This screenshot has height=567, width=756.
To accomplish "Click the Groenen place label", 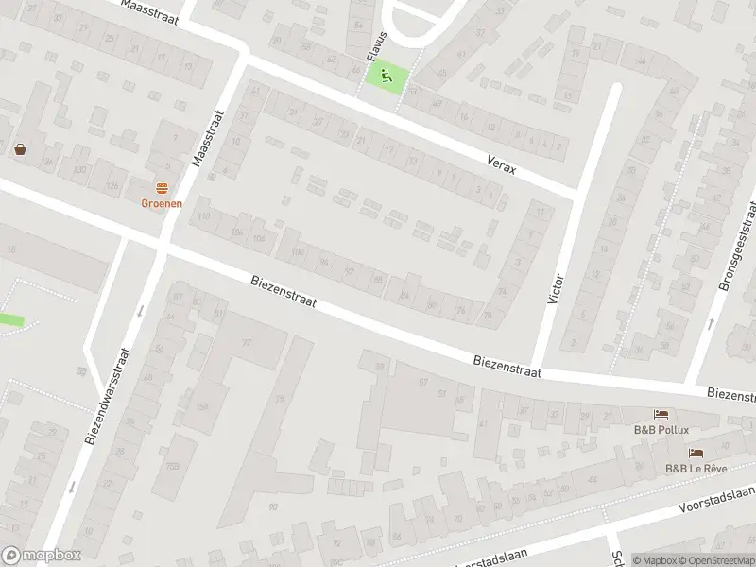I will click(162, 202).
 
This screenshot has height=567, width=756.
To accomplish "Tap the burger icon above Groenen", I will click(162, 187).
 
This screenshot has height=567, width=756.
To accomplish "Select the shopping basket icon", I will click(21, 148).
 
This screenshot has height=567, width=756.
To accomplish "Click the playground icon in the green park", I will click(384, 77).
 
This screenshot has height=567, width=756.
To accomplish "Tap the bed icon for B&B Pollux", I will click(661, 414).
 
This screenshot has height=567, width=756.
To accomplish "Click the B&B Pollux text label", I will click(661, 429).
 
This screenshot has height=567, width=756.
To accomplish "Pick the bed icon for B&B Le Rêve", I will click(696, 453).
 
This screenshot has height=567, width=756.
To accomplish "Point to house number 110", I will click(202, 217).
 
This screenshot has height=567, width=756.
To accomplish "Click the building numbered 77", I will click(248, 342).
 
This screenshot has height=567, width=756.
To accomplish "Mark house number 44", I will click(593, 481).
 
